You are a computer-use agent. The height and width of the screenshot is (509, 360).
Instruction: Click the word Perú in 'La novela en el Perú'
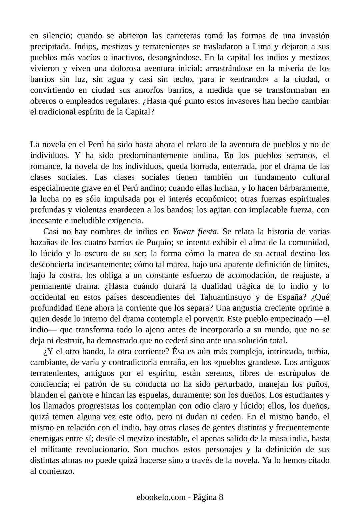(x=96, y=145)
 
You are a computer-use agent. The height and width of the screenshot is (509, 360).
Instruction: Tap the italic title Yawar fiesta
(x=195, y=232)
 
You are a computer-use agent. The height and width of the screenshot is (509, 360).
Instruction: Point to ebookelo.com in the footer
(x=161, y=497)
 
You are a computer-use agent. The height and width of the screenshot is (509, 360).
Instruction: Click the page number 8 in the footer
(x=221, y=497)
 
